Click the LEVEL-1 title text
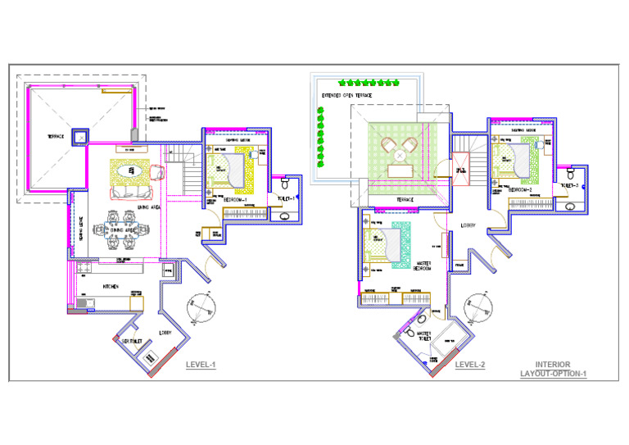[201, 365]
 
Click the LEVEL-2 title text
[470, 365]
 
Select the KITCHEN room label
[111, 286]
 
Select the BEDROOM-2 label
[521, 190]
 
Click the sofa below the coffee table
[131, 193]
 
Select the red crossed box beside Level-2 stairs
[459, 169]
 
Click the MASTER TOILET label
[423, 337]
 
